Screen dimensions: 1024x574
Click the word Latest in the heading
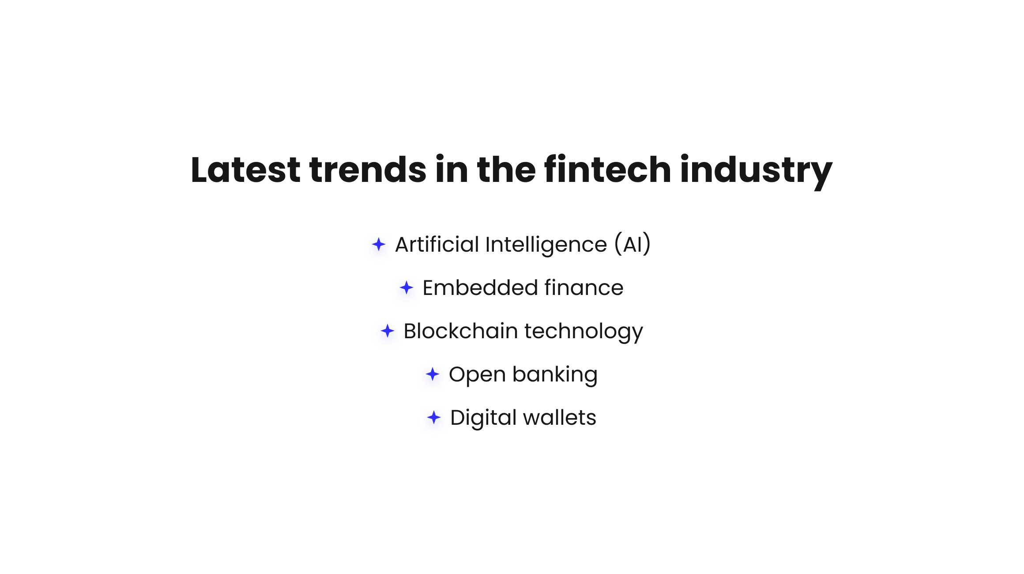(245, 170)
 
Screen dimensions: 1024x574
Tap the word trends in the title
(368, 170)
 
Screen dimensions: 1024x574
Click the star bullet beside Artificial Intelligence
(379, 244)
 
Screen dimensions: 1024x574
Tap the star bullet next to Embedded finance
(407, 288)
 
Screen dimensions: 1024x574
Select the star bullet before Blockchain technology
(388, 331)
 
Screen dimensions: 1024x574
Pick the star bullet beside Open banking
(433, 374)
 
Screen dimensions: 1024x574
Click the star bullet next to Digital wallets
(434, 417)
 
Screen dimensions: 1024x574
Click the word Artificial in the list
(437, 244)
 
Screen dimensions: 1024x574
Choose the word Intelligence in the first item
(546, 245)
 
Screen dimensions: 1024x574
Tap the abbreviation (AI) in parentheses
(632, 244)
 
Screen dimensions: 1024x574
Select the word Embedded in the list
(479, 287)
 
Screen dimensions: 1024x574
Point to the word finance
(584, 287)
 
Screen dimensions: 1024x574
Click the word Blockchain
(461, 331)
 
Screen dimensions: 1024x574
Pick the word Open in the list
(477, 375)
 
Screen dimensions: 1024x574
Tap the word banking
(555, 375)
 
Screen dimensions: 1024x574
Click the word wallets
(560, 417)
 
